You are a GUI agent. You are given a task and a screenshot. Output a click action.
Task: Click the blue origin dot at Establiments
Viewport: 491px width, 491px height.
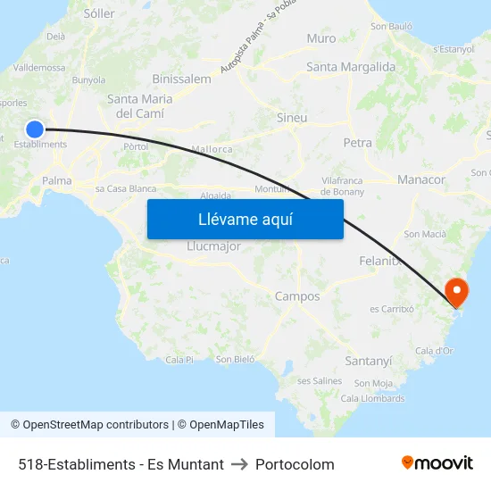[x=35, y=129]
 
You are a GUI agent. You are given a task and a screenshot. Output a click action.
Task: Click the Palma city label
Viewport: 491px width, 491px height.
[x=56, y=180]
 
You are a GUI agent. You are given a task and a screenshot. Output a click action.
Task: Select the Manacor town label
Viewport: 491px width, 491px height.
[x=421, y=179]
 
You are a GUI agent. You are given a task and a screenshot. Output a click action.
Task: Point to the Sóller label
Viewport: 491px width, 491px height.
[x=98, y=13]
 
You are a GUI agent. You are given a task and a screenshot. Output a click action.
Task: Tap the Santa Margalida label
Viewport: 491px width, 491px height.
[x=350, y=67]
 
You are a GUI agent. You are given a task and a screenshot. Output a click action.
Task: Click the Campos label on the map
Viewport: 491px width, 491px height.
[x=297, y=296]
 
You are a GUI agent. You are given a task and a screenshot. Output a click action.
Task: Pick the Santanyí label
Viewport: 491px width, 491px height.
[x=368, y=361]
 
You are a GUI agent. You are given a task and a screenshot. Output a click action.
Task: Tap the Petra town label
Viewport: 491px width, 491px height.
[x=357, y=142]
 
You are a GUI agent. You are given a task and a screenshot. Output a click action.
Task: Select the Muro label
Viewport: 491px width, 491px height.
[x=321, y=38]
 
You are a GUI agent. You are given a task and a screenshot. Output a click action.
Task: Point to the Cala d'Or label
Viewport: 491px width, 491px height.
[x=434, y=351]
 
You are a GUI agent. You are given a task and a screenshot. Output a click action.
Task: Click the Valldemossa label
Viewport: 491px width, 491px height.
[x=39, y=67]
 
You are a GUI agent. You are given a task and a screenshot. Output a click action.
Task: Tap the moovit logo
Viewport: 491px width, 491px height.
[x=437, y=463]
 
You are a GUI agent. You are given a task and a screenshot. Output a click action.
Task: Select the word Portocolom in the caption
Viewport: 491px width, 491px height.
[x=295, y=464]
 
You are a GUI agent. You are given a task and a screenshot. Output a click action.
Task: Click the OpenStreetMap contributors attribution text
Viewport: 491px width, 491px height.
[x=96, y=425]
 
